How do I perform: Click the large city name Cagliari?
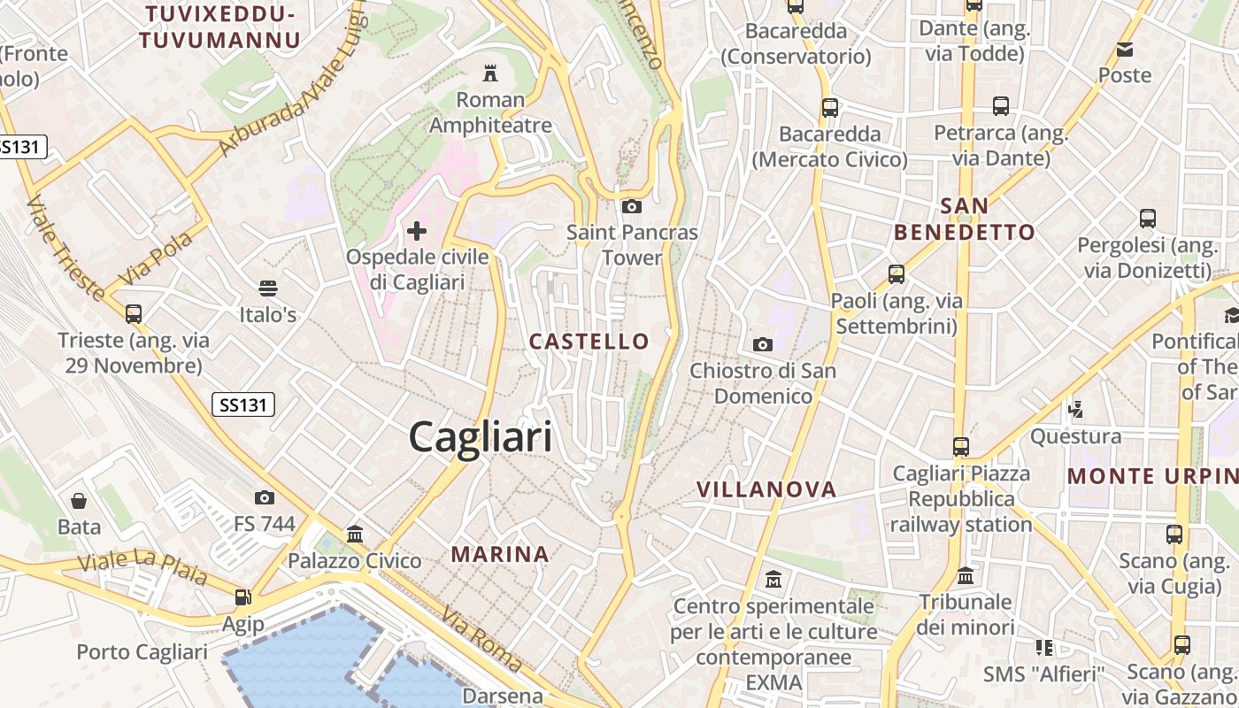(x=481, y=437)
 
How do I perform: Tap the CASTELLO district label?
(x=589, y=342)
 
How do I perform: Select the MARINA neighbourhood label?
(x=501, y=555)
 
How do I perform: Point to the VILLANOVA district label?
(x=766, y=489)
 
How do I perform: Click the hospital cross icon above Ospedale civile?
(x=417, y=232)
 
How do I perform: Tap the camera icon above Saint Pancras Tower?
(x=632, y=207)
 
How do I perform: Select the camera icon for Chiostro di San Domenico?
(x=762, y=344)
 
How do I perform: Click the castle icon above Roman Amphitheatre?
(x=489, y=73)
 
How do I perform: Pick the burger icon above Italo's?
(x=268, y=288)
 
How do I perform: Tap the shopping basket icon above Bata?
(x=79, y=501)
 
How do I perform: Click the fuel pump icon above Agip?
(x=242, y=597)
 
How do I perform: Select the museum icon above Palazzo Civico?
(x=355, y=534)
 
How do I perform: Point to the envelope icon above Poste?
(x=1125, y=50)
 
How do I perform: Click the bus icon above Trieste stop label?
(x=134, y=313)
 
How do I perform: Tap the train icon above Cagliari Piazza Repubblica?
(x=961, y=447)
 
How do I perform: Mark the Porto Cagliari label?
(x=142, y=652)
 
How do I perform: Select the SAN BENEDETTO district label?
(x=964, y=219)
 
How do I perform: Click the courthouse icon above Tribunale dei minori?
(x=966, y=575)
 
